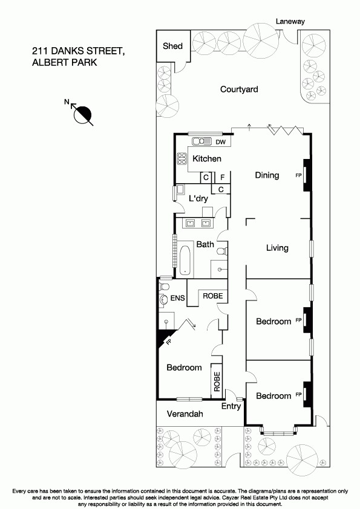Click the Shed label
click(x=173, y=46)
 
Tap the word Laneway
click(x=290, y=21)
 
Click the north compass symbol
click(x=83, y=113)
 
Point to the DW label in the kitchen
click(x=221, y=142)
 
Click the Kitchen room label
click(x=207, y=158)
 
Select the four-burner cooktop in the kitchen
click(x=181, y=159)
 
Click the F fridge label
click(x=222, y=178)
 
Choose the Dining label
click(x=267, y=175)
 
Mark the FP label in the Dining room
click(x=298, y=175)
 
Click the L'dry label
click(x=198, y=199)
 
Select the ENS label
click(x=177, y=298)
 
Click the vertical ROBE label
click(x=217, y=380)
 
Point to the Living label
click(x=277, y=248)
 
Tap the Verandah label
click(x=184, y=414)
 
